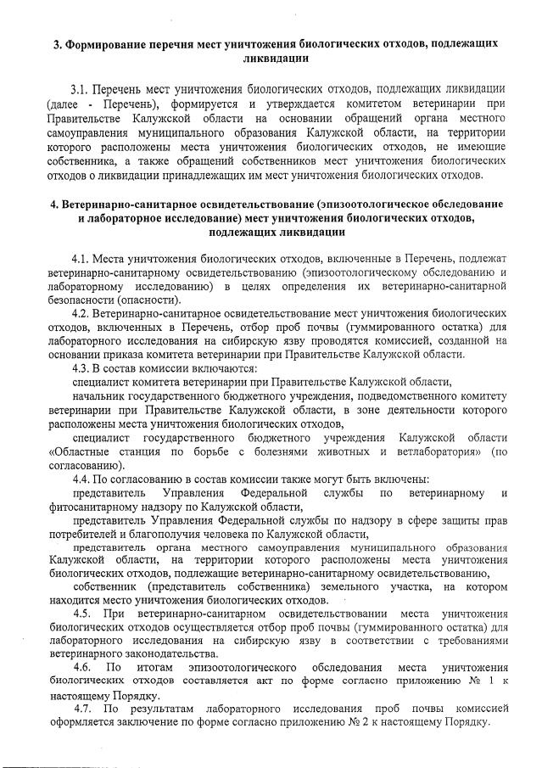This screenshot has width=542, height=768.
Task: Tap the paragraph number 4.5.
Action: [82, 613]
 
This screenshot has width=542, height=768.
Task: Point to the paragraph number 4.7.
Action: [82, 708]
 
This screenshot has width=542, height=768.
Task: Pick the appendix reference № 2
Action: [350, 721]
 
